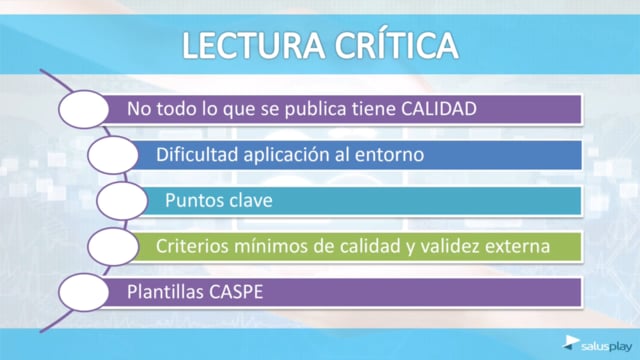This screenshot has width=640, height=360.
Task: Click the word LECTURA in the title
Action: (x=253, y=45)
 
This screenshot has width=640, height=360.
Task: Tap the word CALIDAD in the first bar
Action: (x=439, y=109)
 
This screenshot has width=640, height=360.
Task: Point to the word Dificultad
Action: (x=197, y=155)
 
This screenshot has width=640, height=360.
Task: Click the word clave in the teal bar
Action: (x=251, y=200)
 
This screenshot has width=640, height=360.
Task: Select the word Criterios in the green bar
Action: (x=192, y=246)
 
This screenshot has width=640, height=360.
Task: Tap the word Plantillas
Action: (x=165, y=292)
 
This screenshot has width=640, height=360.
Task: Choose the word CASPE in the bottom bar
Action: (x=236, y=292)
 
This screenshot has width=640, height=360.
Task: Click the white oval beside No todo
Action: (x=84, y=109)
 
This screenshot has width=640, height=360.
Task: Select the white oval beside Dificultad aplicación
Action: (x=113, y=155)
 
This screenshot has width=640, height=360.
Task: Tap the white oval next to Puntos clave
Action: (x=122, y=201)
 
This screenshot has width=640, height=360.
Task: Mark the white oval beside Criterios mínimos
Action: (x=113, y=247)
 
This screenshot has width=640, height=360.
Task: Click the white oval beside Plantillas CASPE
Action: (x=84, y=292)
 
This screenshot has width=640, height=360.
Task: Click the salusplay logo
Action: (x=597, y=344)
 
